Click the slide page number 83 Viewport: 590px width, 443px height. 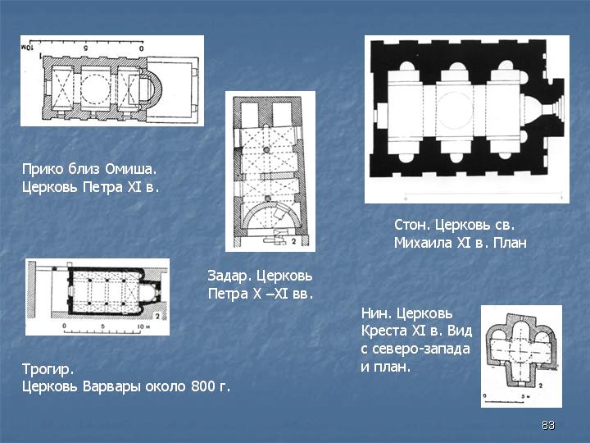pos(548,425)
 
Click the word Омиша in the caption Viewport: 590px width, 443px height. pos(130,169)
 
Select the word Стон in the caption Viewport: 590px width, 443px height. pos(412,225)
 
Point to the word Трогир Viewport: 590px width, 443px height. pos(48,369)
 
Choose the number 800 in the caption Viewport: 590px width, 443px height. pos(203,386)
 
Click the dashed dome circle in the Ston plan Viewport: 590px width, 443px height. pos(456,109)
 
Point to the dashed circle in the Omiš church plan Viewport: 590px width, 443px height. pos(96,75)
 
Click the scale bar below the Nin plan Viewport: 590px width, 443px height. pos(504,401)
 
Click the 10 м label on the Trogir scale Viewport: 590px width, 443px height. pos(143,326)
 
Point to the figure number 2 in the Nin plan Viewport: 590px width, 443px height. pos(540,386)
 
